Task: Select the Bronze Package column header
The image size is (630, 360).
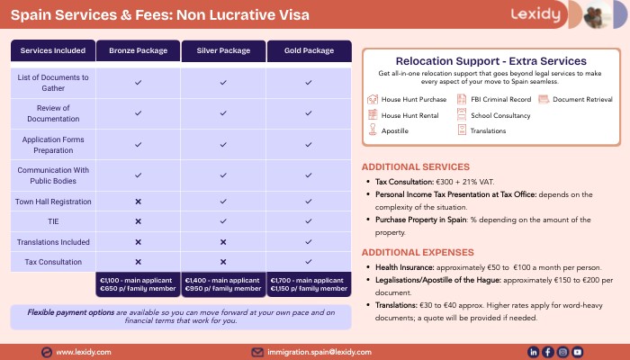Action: coord(138,50)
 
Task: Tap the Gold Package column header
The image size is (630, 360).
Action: coord(309,50)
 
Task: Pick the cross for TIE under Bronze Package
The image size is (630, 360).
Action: coord(138,220)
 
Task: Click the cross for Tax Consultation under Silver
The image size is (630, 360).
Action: coord(223,261)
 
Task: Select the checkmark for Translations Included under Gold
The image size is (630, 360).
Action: coord(309,241)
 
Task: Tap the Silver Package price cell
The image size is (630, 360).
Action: coord(223,284)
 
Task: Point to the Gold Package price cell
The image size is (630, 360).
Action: coord(309,284)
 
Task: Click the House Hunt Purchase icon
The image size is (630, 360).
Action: coord(373,99)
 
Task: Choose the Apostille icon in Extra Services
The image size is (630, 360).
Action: coord(373,130)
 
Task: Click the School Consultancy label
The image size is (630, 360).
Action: coord(499,115)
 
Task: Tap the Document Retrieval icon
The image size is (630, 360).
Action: coord(544,99)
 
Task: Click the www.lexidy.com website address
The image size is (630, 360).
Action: coord(84,352)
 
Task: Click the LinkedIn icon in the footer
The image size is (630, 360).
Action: coord(534,352)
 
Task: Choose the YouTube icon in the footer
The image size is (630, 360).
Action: coord(578,352)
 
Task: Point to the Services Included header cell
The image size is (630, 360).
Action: coord(53,50)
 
